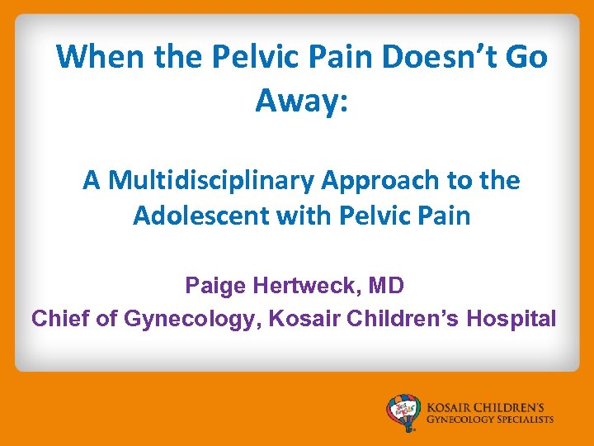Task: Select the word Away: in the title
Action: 302,101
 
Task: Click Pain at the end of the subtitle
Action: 445,216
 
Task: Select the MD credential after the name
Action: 386,287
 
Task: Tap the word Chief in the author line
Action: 61,318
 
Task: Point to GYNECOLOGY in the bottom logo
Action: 459,420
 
